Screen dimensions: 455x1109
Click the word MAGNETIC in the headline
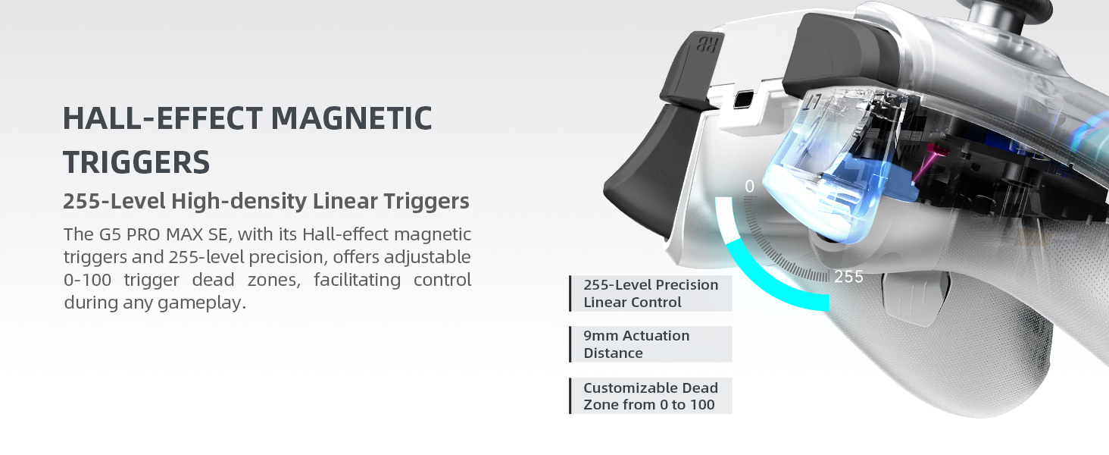pos(351,119)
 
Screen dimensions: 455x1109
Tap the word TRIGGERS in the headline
pos(136,162)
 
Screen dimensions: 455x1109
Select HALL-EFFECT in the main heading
pos(162,119)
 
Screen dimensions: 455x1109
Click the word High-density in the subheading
pos(238,202)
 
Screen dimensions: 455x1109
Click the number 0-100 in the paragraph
pos(88,280)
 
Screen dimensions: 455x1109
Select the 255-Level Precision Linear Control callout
pos(651,293)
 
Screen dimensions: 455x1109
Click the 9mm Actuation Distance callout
pos(651,344)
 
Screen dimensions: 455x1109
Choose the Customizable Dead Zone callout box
pos(651,396)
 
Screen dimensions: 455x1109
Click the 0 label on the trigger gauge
pos(749,187)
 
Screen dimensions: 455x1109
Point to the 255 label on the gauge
pos(848,278)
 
